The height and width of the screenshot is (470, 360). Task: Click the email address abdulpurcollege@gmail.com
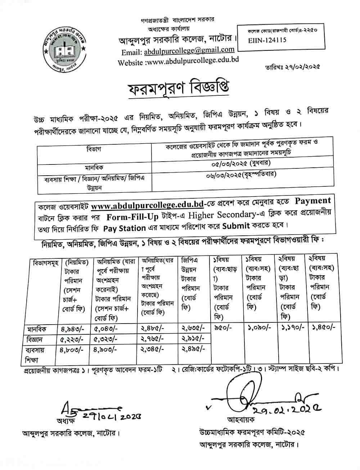[x=189, y=51]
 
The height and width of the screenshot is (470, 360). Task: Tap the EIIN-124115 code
[x=267, y=41]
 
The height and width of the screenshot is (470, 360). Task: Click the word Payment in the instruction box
[x=312, y=201]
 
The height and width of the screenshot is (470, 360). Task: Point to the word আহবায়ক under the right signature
[x=240, y=420]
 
